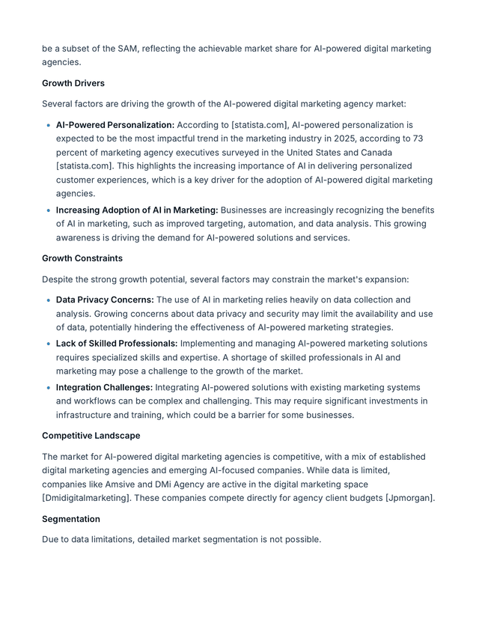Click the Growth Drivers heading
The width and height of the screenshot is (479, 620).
tap(73, 83)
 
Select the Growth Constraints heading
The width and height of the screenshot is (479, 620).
tap(82, 258)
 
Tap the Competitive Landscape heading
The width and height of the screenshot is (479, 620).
tap(91, 436)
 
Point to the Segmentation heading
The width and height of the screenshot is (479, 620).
tap(71, 519)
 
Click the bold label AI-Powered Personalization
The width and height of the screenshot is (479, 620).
tap(115, 125)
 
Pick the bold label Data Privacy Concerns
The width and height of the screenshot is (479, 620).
tap(105, 300)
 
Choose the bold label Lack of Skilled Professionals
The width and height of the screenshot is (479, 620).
tap(117, 344)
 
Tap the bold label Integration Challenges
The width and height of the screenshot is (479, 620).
tap(104, 388)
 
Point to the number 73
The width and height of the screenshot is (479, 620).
tap(418, 139)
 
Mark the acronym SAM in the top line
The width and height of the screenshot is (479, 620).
tap(127, 49)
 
